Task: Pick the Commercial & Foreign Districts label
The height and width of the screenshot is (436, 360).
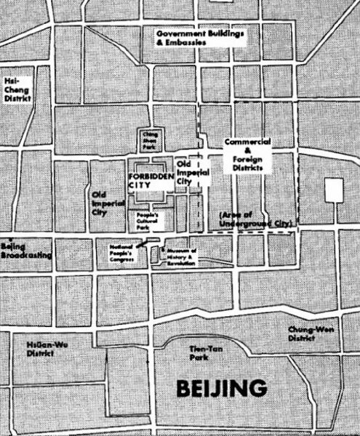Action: point(247,153)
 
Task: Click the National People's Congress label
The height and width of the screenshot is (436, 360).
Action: point(123,251)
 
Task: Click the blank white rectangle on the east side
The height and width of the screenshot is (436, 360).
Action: point(334,190)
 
